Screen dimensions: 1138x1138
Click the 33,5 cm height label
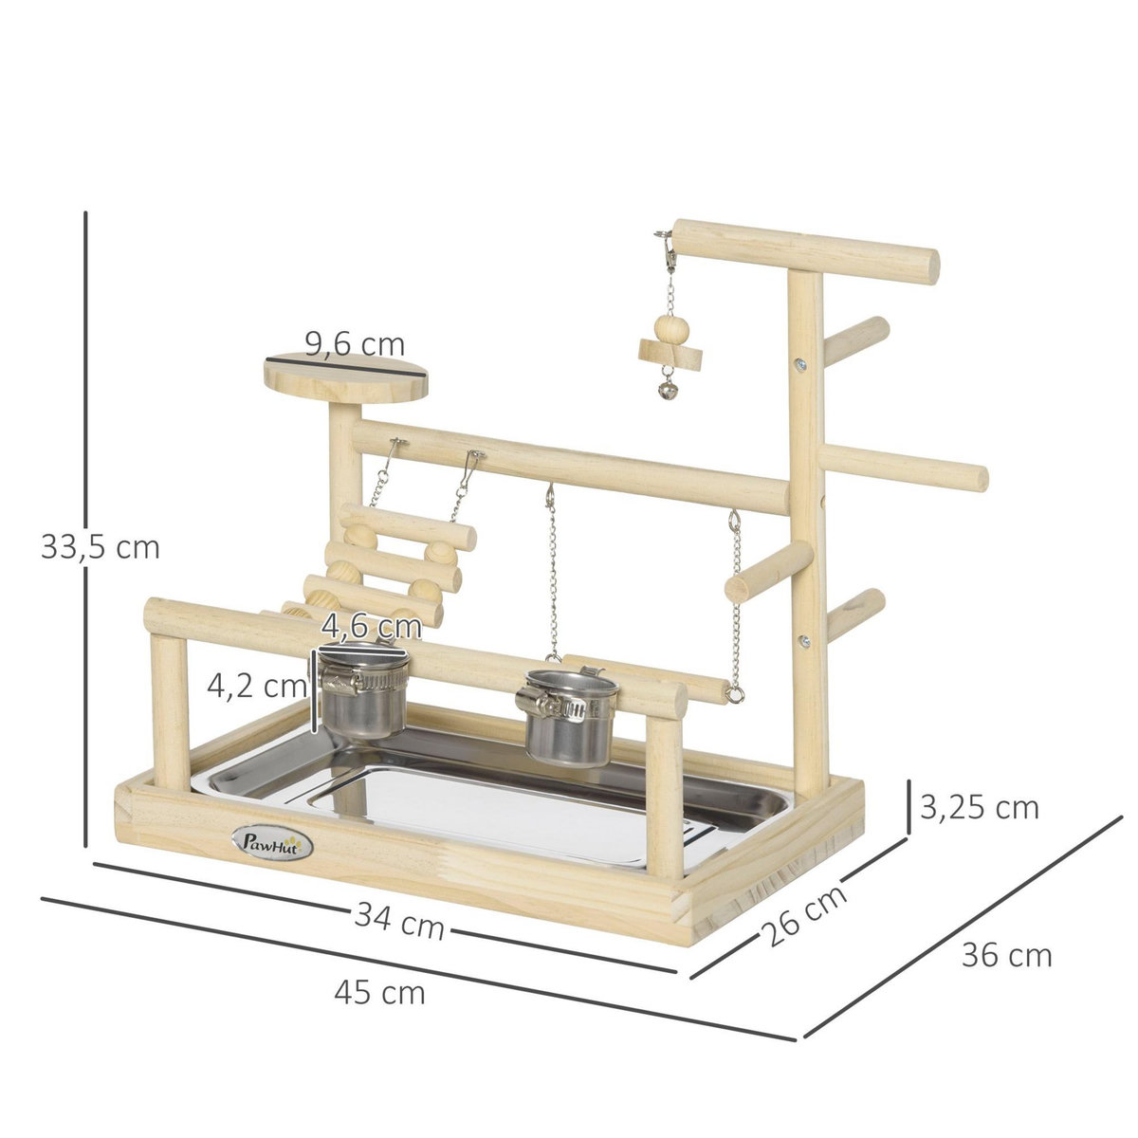click(101, 547)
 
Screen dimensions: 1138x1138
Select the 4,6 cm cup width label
click(371, 626)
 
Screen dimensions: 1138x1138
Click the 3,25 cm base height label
click(980, 807)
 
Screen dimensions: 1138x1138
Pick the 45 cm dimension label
click(379, 993)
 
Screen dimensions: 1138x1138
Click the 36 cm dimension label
click(1006, 955)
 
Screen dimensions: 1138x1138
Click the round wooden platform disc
click(345, 379)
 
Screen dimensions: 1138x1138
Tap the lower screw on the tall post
click(803, 641)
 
